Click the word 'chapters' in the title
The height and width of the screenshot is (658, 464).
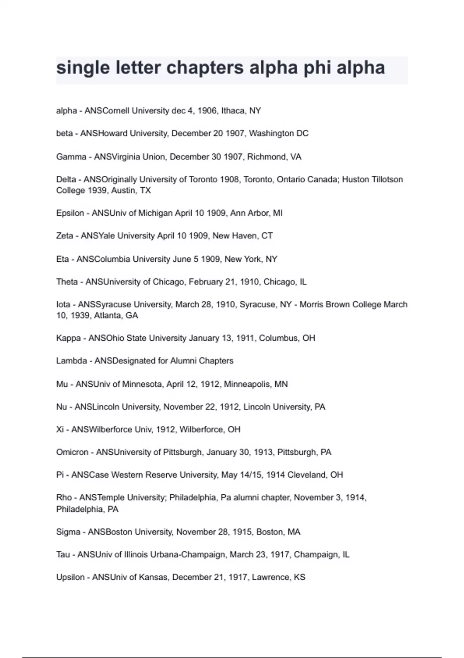tap(205, 68)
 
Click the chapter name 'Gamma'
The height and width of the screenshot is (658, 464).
tap(71, 157)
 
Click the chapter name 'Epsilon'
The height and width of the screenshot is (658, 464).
tap(70, 213)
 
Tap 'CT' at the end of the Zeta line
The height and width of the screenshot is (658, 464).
tap(267, 236)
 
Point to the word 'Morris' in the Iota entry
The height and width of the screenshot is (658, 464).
tap(313, 305)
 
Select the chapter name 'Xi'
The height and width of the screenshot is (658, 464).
tap(60, 430)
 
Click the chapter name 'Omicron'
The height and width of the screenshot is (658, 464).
tap(72, 452)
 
